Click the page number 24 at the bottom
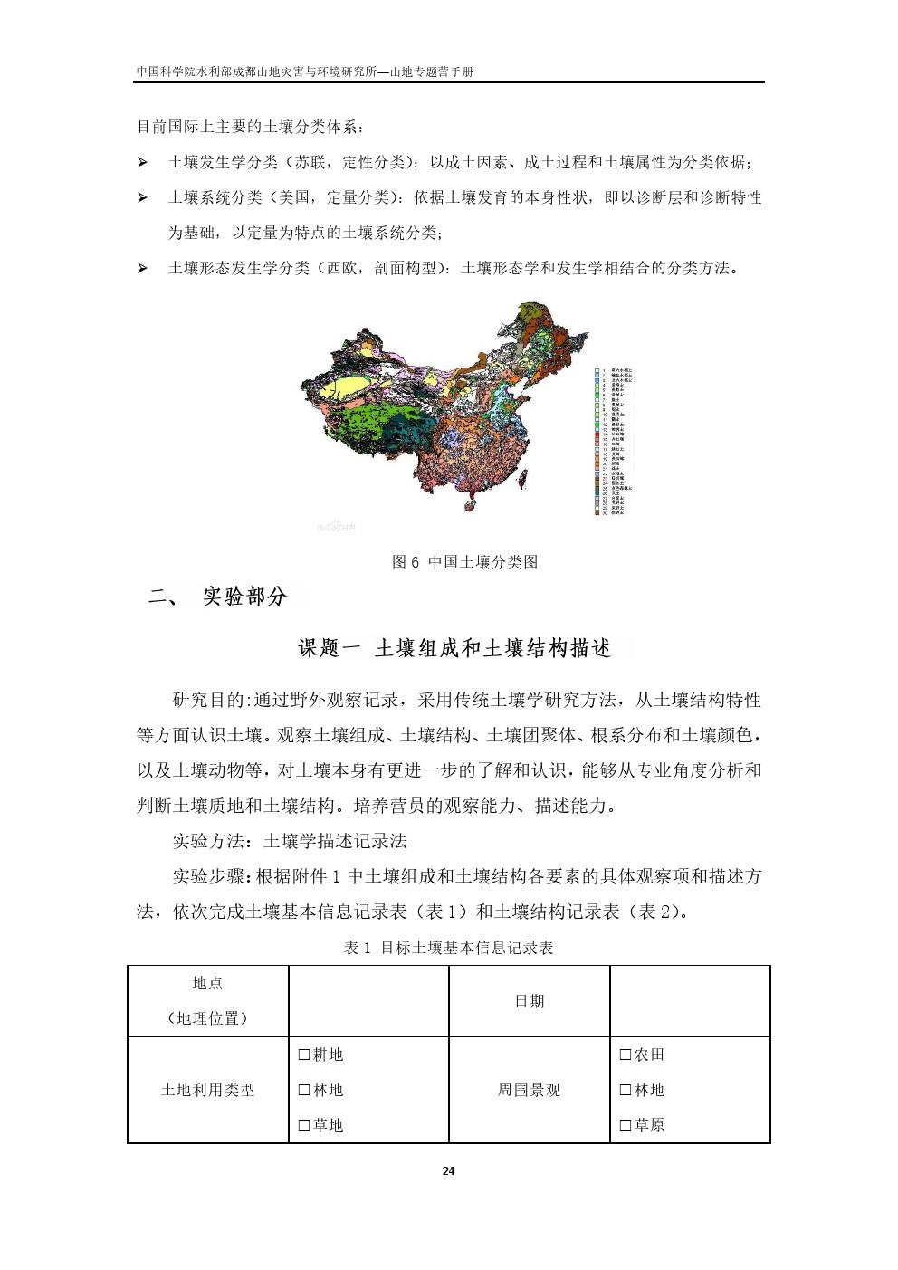448,1171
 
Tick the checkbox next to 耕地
304,1055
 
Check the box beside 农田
626,1055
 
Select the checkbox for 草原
626,1126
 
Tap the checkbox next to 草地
304,1126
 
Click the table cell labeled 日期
530,1001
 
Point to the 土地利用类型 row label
208,1091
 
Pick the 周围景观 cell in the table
530,1091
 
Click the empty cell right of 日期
690,1001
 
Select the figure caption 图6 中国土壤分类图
464,562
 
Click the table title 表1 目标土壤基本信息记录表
448,949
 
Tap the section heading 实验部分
244,597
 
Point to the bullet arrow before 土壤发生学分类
142,163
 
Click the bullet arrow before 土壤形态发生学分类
142,269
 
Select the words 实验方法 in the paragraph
207,841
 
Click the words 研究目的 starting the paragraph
207,700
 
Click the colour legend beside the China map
613,441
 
